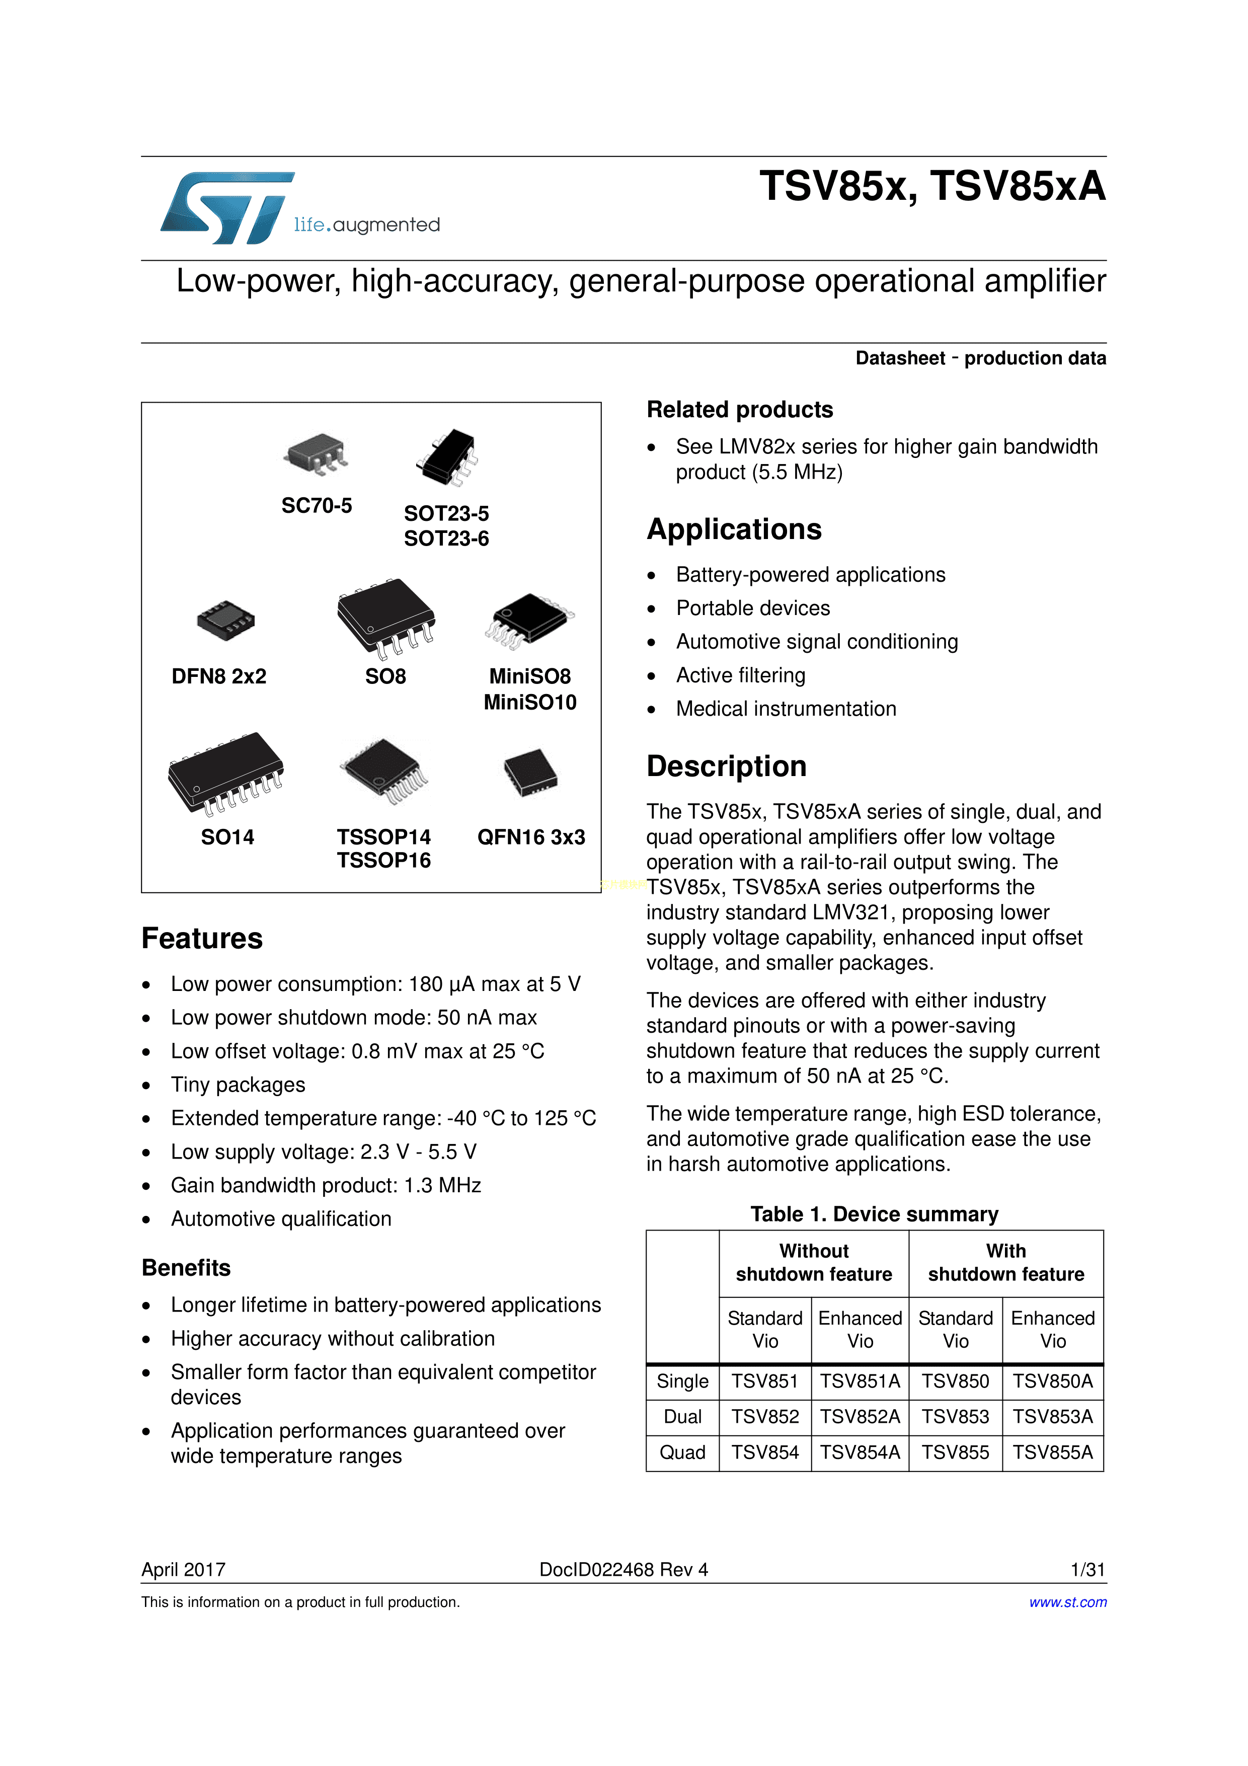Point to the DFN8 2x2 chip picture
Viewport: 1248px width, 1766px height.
pos(225,620)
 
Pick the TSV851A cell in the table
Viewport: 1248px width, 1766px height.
pos(860,1381)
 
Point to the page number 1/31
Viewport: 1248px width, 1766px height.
pos(1087,1570)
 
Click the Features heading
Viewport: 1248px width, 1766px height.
pos(202,939)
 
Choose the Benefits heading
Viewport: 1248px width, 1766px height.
pos(186,1268)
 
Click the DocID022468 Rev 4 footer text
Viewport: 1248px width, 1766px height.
pos(623,1570)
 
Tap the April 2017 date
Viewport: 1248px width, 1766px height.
pos(183,1570)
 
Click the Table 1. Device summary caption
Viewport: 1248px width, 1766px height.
pos(874,1214)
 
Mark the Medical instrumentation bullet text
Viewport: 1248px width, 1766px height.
pos(786,709)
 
